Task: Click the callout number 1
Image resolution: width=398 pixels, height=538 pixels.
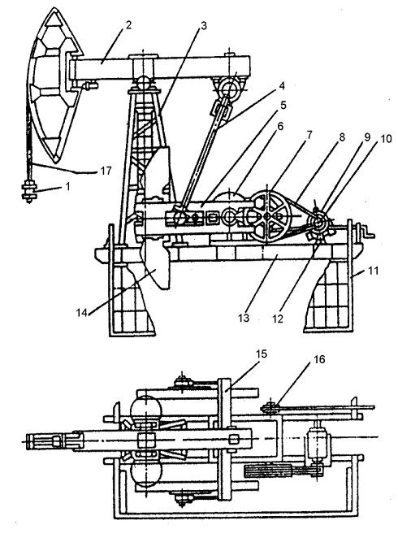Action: pos(67,187)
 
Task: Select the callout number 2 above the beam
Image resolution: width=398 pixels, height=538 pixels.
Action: pos(128,25)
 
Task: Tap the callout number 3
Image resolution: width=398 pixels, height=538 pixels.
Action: pos(205,26)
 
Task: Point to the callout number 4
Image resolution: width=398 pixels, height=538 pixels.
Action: pos(282,85)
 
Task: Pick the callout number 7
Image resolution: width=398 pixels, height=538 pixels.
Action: pos(309,135)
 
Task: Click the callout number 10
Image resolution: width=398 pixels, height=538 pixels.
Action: pos(386,139)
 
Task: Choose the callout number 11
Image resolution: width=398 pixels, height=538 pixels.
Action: pos(373,271)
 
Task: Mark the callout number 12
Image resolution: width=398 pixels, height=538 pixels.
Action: pos(278,319)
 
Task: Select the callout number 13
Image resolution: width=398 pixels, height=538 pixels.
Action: pos(244,318)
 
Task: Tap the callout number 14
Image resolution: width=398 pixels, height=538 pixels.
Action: pos(81,313)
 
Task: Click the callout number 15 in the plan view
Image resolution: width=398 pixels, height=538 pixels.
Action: pos(261,354)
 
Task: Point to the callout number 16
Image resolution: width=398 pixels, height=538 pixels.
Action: pos(319,359)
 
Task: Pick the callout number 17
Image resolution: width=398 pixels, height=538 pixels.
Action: pos(106,171)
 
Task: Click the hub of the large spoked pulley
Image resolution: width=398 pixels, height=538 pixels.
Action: pos(268,216)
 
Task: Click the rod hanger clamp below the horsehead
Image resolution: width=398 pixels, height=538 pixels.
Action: pos(28,192)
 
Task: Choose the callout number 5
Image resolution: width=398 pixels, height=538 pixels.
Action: pos(283,105)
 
